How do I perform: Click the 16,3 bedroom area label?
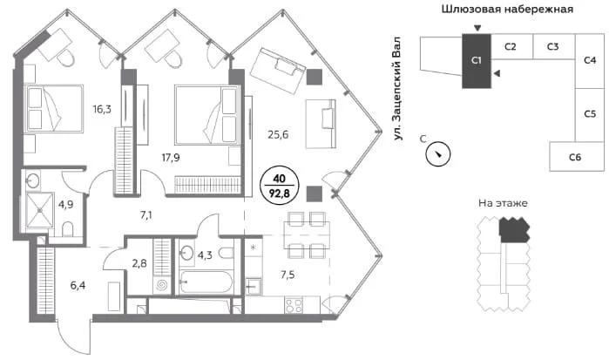point(102,109)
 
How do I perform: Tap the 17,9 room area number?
point(171,158)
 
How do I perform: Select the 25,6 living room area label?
point(278,134)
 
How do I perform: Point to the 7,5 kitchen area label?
point(288,275)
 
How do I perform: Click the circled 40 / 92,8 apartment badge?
point(280,186)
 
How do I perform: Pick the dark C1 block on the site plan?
point(477,61)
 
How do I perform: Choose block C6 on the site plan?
point(577,157)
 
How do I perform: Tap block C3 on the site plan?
point(553,47)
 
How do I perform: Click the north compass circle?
point(438,154)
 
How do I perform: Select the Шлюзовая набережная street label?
point(507,9)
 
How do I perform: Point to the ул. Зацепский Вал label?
point(396,89)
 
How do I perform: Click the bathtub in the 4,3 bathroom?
point(206,282)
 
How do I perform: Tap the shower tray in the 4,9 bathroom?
point(39,210)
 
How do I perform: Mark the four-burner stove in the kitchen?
point(294,305)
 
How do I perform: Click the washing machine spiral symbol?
point(162,286)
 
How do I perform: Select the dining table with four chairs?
point(307,234)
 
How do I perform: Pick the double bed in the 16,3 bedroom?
point(54,108)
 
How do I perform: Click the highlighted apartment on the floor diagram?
point(514,230)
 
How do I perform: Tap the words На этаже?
point(503,203)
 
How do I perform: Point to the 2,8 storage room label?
point(139,263)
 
